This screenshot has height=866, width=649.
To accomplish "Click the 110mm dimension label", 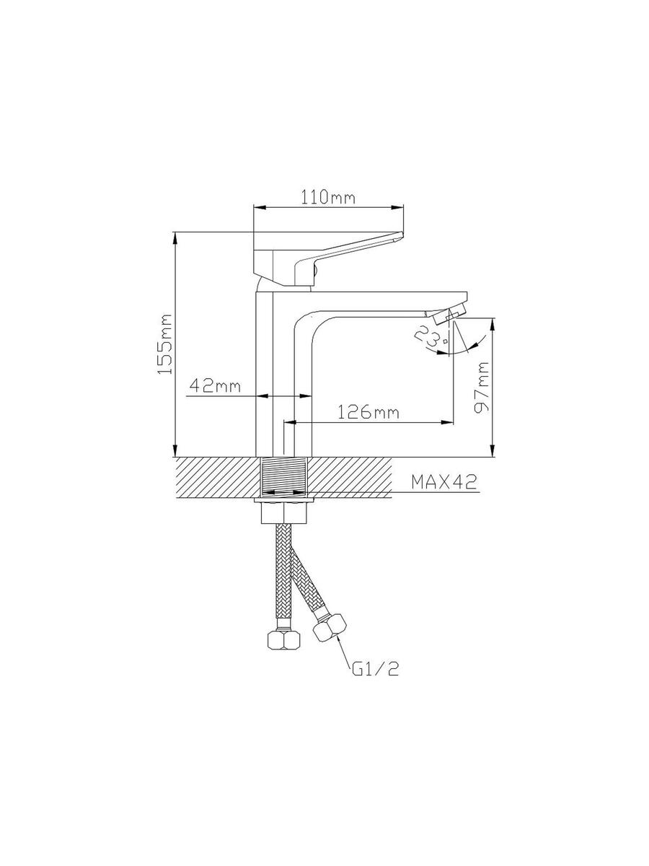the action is click(328, 197).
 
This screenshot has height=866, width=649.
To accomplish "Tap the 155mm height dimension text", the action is click(165, 344).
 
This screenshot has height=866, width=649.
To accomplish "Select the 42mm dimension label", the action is click(215, 385).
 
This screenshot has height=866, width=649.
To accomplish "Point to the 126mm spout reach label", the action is click(368, 412).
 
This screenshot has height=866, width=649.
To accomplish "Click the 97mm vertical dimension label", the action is click(482, 388).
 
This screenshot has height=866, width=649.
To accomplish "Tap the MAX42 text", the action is click(444, 482).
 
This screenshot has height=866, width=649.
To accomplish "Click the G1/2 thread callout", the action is click(375, 668).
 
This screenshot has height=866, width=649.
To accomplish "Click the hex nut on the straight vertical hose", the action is click(283, 640).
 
